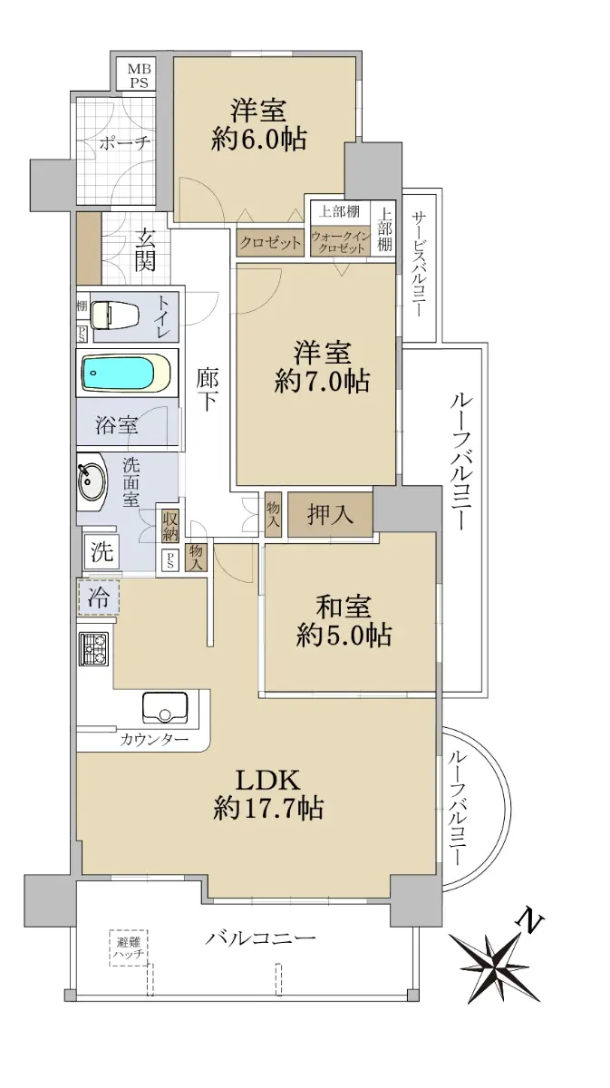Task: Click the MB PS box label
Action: point(139,75)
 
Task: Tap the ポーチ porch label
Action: point(125,143)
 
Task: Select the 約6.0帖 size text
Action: point(259,140)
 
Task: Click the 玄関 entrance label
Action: point(145,249)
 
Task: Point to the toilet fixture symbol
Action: point(116,314)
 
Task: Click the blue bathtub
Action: point(126,373)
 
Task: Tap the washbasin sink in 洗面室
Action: point(91,481)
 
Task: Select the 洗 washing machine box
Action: point(101,552)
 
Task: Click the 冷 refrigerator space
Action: point(98,597)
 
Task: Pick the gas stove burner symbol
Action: point(93,649)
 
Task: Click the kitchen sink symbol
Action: point(165,708)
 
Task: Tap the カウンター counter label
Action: point(154,740)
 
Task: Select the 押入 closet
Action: point(330,514)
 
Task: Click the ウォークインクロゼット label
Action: point(341,241)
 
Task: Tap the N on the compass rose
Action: point(531,920)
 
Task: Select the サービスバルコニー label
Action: point(418,263)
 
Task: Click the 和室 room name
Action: point(343,607)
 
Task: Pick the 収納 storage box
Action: point(170,526)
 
